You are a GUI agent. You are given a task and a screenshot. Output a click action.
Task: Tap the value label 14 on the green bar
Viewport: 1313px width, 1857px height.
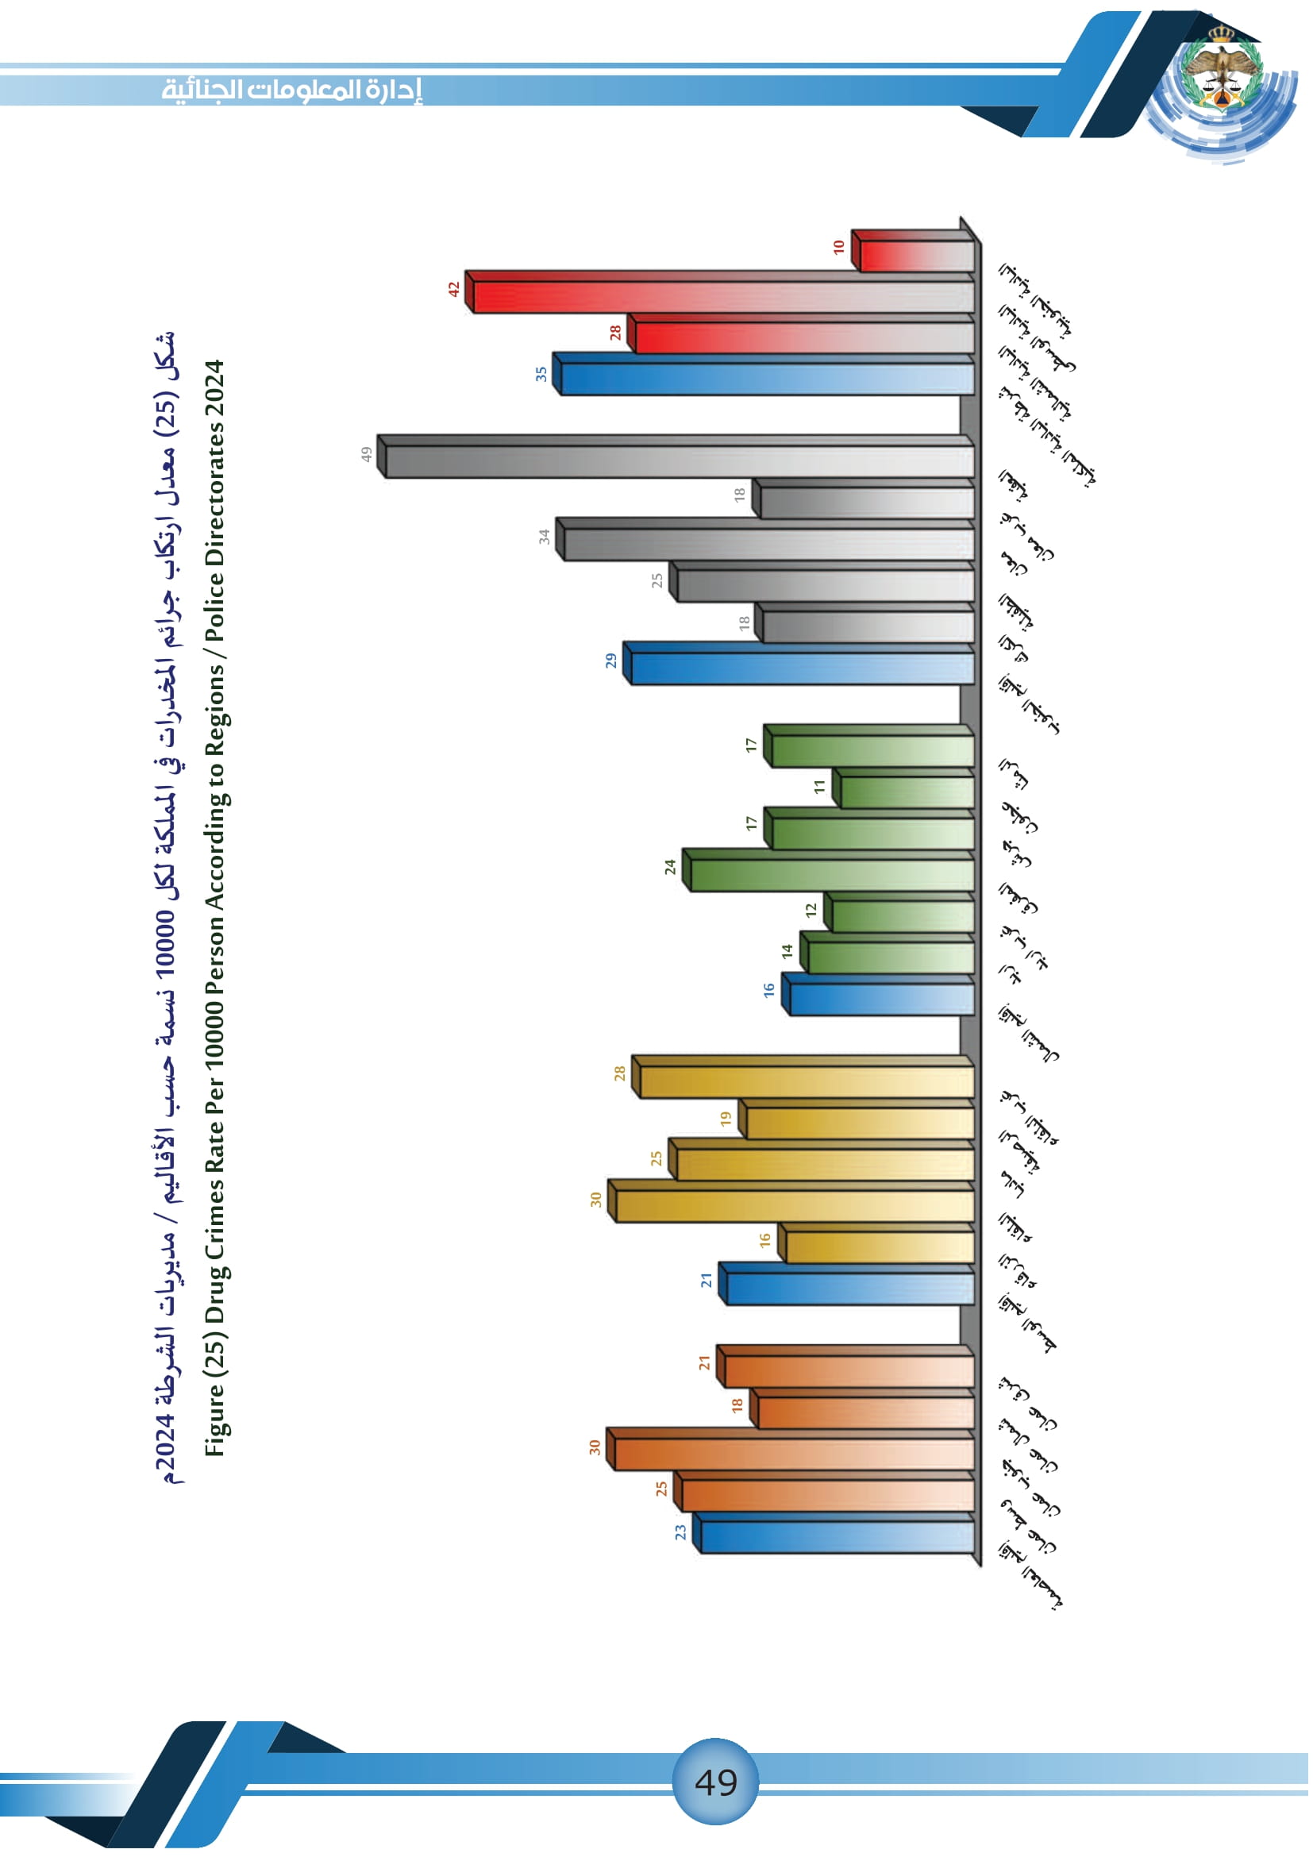787,952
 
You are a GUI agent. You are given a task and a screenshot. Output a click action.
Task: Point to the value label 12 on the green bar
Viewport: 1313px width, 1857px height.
812,909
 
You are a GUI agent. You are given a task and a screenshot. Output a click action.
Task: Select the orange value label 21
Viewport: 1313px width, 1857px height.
704,1363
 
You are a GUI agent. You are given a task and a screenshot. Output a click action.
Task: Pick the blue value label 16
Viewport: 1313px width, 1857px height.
769,989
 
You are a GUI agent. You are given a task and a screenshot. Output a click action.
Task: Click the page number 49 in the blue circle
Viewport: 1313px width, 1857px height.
715,1782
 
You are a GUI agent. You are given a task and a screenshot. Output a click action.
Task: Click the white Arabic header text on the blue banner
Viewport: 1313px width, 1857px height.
292,89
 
